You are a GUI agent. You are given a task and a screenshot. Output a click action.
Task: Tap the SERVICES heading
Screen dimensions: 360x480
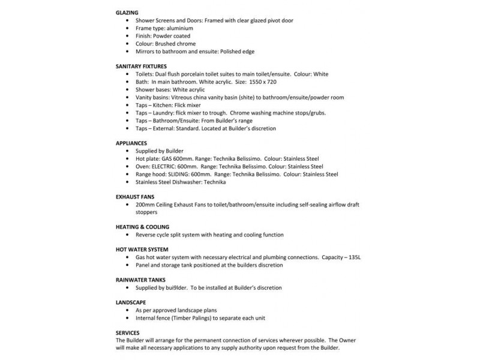tap(128, 332)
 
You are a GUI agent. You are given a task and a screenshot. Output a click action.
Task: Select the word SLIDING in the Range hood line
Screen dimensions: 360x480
tap(187, 173)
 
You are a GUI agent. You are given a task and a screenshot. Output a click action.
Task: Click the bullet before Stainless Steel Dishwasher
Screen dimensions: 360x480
tap(129, 181)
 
